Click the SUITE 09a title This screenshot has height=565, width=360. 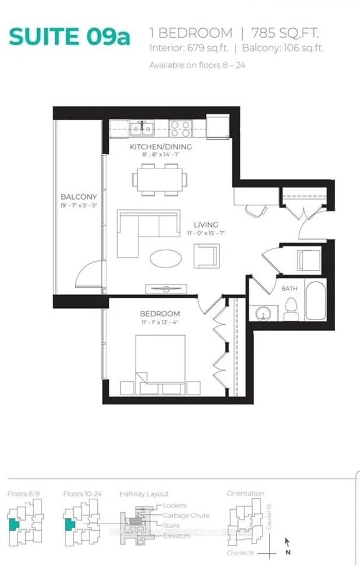[x=70, y=37]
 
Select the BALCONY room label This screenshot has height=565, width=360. [x=79, y=197]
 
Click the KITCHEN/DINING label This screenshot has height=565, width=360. [x=161, y=147]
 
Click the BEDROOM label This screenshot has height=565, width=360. [x=161, y=313]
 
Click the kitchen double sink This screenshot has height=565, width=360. [x=141, y=129]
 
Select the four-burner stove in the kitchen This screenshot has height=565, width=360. [x=181, y=129]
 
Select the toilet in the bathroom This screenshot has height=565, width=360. [x=291, y=308]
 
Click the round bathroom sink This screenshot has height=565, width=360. [x=263, y=313]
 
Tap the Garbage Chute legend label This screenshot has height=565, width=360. [x=186, y=515]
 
